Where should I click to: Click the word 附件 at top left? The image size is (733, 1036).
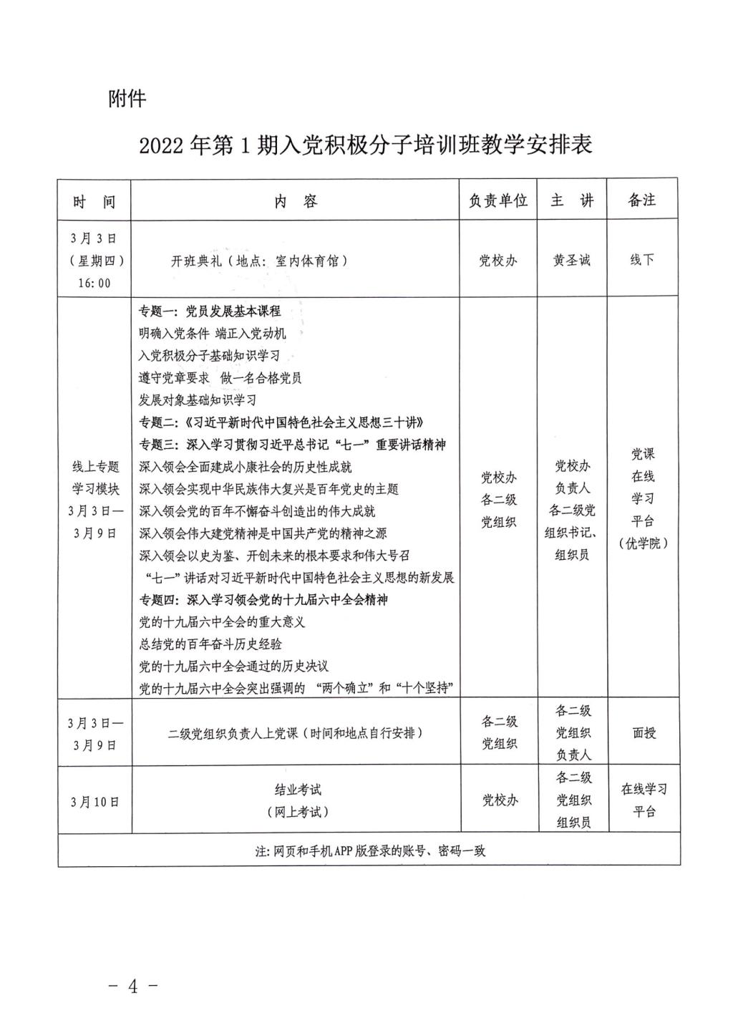(x=127, y=99)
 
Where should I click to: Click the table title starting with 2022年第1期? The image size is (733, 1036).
(x=366, y=145)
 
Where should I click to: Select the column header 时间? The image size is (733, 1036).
(x=94, y=201)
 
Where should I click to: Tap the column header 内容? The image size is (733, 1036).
(x=296, y=201)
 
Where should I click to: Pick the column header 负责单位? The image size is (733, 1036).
(x=498, y=200)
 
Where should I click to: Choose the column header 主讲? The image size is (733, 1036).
(x=572, y=200)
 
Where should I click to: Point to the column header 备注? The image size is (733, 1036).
(x=642, y=200)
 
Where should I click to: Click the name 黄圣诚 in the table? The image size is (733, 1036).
(x=572, y=261)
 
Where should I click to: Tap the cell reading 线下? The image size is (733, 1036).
(x=642, y=260)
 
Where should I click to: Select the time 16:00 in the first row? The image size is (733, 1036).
(x=94, y=283)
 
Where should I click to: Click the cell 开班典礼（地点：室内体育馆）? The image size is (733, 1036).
(x=260, y=261)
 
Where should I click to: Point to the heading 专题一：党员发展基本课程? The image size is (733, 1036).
(x=210, y=311)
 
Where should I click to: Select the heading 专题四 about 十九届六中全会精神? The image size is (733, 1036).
(x=263, y=599)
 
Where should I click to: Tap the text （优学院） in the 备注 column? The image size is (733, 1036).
(x=643, y=543)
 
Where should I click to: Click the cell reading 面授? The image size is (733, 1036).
(x=644, y=733)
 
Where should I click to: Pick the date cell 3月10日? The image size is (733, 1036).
(x=94, y=802)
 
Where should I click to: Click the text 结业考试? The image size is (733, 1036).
(x=298, y=790)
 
